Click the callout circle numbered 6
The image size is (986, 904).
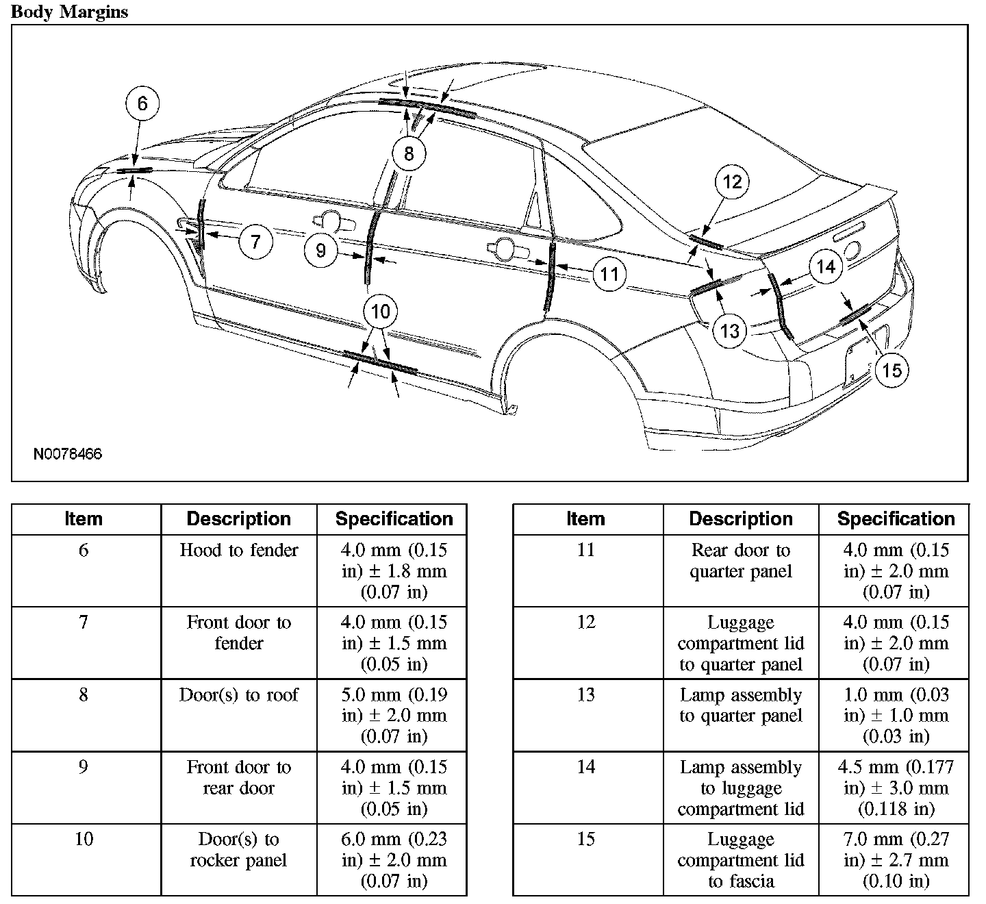pos(142,103)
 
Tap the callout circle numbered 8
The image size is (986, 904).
pos(409,153)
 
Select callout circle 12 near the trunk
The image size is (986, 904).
pos(732,181)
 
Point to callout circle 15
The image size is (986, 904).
pos(892,371)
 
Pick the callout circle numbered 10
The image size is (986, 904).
pos(380,312)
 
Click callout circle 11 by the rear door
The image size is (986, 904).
pos(609,275)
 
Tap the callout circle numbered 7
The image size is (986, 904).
pos(255,241)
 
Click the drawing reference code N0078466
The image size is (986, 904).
pos(68,454)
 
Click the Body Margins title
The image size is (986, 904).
pos(69,12)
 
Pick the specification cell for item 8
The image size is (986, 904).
pos(394,715)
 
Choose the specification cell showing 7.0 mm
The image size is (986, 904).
pos(896,859)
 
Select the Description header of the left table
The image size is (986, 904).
pos(239,519)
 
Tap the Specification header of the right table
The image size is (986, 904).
pos(896,519)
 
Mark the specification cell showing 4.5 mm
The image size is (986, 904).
pos(896,788)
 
